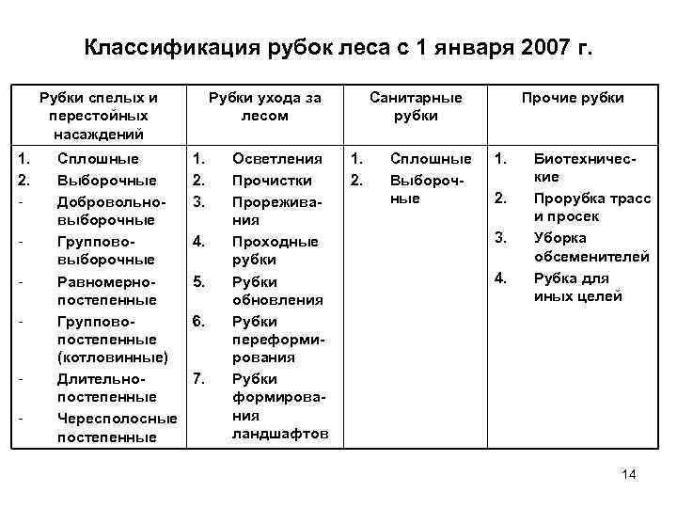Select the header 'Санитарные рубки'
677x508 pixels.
pyautogui.click(x=416, y=106)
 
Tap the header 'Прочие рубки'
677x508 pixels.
pyautogui.click(x=573, y=98)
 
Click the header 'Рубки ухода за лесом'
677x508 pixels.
pyautogui.click(x=264, y=106)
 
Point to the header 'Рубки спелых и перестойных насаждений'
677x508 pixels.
pyautogui.click(x=99, y=116)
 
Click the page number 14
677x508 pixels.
pyautogui.click(x=629, y=474)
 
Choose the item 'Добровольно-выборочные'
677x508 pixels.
pyautogui.click(x=111, y=210)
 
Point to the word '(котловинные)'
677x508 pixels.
pyautogui.click(x=112, y=357)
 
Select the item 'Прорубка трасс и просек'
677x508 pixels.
pyautogui.click(x=579, y=207)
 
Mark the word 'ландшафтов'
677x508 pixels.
pyautogui.click(x=280, y=434)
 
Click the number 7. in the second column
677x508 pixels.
pyautogui.click(x=198, y=378)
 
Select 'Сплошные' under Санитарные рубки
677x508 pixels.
pyautogui.click(x=431, y=159)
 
